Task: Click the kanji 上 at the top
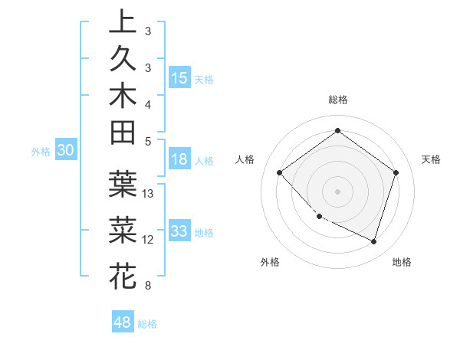(123, 21)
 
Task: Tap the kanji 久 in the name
(123, 59)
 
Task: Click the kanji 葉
(123, 183)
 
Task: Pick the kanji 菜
(123, 229)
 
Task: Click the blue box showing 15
(179, 78)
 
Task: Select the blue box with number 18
(179, 160)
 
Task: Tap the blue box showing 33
(179, 231)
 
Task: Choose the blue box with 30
(65, 151)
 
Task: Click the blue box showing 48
(123, 322)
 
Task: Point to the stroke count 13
(148, 193)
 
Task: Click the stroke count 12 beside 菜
(148, 240)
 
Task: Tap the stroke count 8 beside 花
(147, 286)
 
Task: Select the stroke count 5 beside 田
(147, 141)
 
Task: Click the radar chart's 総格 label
(337, 100)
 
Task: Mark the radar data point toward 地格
(373, 241)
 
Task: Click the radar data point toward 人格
(280, 172)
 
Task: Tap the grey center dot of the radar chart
(337, 191)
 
